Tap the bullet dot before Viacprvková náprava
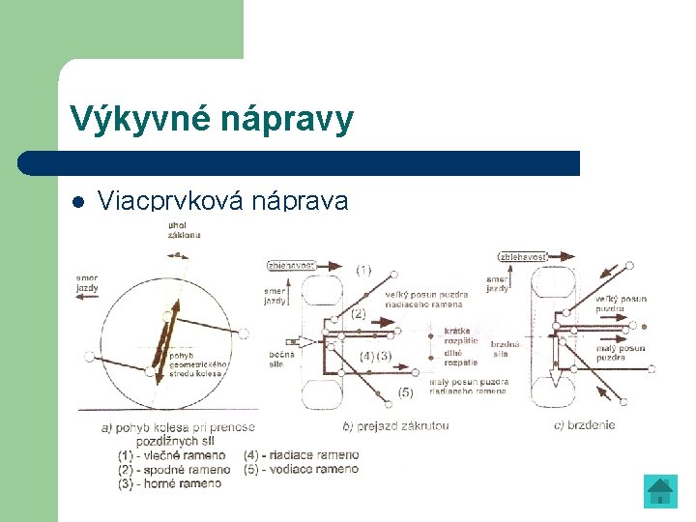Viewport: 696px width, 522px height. [x=78, y=203]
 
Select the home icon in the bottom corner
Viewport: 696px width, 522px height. [x=660, y=491]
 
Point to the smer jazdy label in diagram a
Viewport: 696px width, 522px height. [x=87, y=282]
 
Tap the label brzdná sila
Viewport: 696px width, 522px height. [x=506, y=349]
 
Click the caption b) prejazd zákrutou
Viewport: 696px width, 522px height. [x=397, y=425]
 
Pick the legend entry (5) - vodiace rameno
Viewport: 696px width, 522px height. [x=302, y=470]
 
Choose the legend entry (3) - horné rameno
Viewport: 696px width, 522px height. [x=170, y=483]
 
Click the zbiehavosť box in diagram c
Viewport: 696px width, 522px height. [x=523, y=256]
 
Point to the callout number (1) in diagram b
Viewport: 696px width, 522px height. [x=362, y=270]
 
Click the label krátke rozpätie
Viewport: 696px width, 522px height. [x=461, y=335]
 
